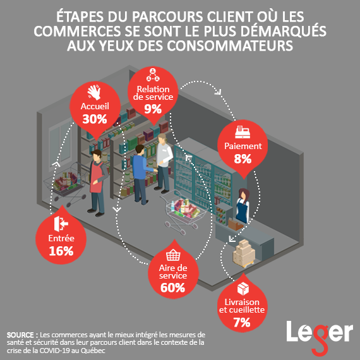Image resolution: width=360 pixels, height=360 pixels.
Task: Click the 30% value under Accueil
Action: pyautogui.click(x=95, y=119)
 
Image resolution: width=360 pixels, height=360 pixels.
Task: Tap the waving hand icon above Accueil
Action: pyautogui.click(x=94, y=92)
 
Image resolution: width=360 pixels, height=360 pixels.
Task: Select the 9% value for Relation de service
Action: pyautogui.click(x=153, y=109)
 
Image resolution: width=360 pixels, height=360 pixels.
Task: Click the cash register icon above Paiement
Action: pyautogui.click(x=243, y=132)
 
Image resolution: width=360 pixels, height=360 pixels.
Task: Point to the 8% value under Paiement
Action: pyautogui.click(x=243, y=159)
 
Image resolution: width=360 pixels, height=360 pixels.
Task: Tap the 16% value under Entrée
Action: pyautogui.click(x=61, y=251)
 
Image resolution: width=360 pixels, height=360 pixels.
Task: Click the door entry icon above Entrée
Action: pyautogui.click(x=61, y=224)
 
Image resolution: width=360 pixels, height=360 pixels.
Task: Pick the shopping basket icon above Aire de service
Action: pyautogui.click(x=173, y=255)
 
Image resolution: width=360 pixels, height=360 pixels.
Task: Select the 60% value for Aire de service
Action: pyautogui.click(x=172, y=287)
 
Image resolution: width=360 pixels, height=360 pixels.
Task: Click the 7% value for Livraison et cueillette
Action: pyautogui.click(x=242, y=322)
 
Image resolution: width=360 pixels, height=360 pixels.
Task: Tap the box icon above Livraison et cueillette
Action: pyautogui.click(x=243, y=289)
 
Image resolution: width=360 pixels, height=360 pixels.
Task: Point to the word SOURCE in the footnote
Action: pyautogui.click(x=20, y=335)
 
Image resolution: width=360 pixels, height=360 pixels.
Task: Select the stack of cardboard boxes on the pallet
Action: pyautogui.click(x=244, y=253)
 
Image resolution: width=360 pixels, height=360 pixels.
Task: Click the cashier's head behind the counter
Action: pyautogui.click(x=244, y=195)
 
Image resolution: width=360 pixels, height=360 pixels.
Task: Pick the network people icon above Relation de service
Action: pyautogui.click(x=153, y=75)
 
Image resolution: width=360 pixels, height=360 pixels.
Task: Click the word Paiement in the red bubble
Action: pyautogui.click(x=243, y=146)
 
